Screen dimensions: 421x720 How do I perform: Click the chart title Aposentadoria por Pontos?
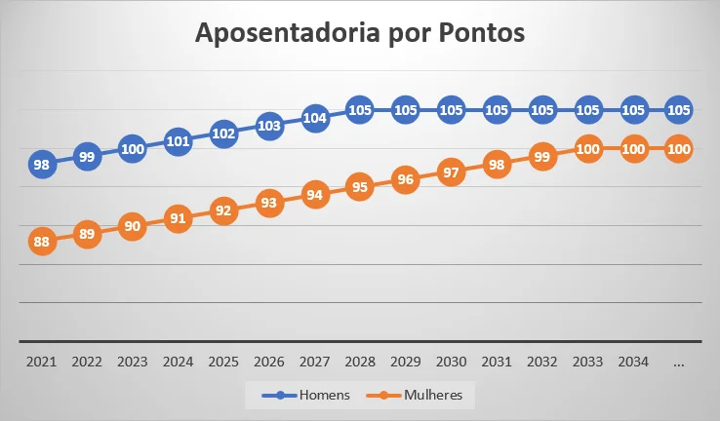(360, 33)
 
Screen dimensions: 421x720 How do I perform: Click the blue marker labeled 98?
(41, 165)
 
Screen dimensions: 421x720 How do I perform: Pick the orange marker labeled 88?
(41, 242)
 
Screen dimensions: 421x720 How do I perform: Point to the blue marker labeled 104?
(314, 118)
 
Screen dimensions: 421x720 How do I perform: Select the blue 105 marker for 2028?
(360, 110)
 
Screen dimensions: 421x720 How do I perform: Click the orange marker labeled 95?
(360, 188)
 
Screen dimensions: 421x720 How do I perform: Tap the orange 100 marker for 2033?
(587, 149)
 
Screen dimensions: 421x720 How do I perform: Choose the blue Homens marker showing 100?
(132, 149)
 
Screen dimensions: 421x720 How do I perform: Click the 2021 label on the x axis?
(41, 362)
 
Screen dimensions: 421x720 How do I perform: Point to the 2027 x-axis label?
(314, 362)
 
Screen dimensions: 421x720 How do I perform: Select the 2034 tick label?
(633, 362)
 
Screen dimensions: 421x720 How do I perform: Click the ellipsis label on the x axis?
(679, 362)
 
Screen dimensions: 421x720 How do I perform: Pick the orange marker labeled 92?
(223, 211)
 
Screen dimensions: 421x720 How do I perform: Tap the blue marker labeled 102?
(223, 134)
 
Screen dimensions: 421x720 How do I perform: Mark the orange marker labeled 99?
(542, 157)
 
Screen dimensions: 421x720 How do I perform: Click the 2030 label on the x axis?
(451, 362)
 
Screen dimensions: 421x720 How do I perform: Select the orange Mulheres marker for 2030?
(451, 172)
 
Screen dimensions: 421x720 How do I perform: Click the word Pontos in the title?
(476, 33)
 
